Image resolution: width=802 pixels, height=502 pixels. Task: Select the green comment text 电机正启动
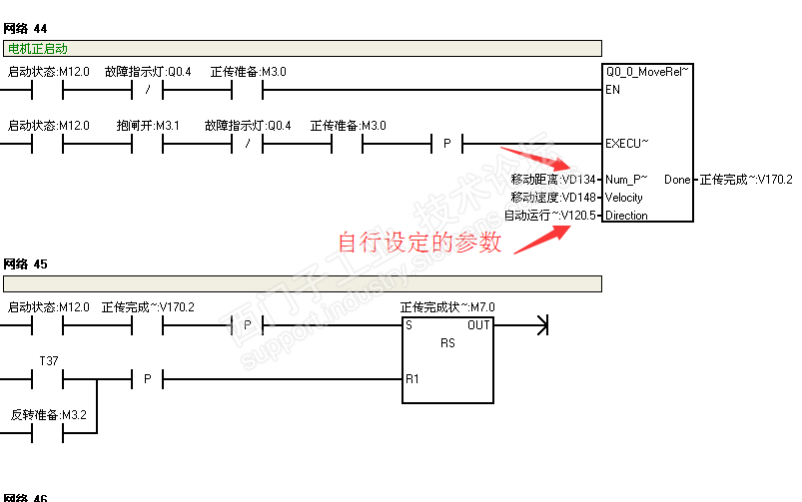click(37, 48)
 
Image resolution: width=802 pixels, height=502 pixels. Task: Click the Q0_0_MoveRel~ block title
click(647, 72)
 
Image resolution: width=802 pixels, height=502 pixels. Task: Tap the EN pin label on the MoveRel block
click(611, 90)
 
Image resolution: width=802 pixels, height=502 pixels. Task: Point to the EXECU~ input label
click(626, 144)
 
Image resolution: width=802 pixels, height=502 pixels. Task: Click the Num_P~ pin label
click(626, 180)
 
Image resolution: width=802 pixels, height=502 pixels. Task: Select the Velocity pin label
click(624, 198)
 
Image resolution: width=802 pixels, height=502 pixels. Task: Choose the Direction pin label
click(626, 216)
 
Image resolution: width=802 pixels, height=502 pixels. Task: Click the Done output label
click(676, 180)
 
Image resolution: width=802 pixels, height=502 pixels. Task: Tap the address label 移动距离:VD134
click(553, 180)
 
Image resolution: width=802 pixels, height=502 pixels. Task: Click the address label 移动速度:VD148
click(553, 198)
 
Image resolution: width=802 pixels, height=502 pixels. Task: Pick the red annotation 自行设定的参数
click(419, 243)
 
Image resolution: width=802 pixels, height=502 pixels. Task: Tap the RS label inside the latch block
click(447, 342)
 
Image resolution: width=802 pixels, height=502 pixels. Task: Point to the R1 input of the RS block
click(411, 379)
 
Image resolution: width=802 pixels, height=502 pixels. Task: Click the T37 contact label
click(48, 360)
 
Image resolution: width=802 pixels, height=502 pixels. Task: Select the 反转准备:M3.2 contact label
click(49, 414)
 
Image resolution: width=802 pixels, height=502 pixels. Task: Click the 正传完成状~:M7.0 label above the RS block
click(447, 307)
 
